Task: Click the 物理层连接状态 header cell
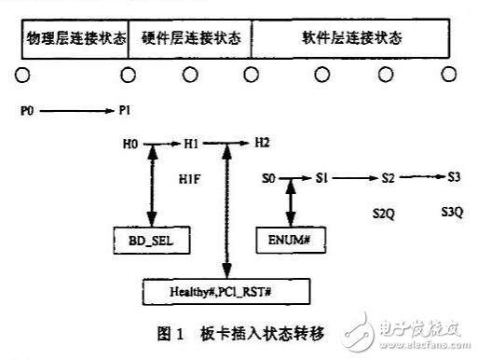point(74,39)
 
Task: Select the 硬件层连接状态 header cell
point(189,39)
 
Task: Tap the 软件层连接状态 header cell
point(352,39)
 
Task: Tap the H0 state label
point(130,145)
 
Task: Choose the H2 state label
point(262,144)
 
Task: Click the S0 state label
point(269,176)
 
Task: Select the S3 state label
point(452,176)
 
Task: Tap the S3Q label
point(451,212)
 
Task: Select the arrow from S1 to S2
point(354,176)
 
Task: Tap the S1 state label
point(322,176)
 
